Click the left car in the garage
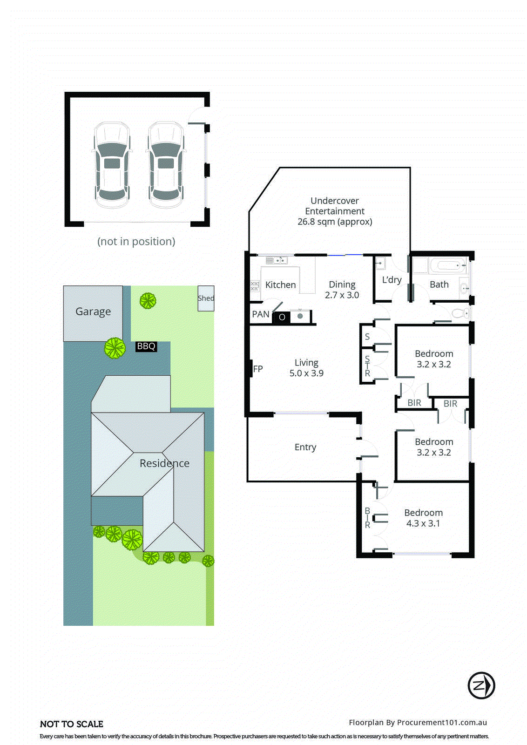click(112, 165)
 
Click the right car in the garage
click(166, 165)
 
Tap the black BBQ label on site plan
click(146, 346)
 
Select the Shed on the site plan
click(206, 298)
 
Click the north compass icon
click(481, 685)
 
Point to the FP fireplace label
click(258, 369)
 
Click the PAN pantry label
click(261, 314)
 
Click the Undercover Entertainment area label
click(335, 211)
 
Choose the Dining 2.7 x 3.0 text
click(342, 290)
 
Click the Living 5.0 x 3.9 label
click(306, 368)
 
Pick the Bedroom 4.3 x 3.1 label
click(423, 518)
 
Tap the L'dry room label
click(392, 280)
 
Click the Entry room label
click(305, 447)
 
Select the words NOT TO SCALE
click(72, 724)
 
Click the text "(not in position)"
click(136, 242)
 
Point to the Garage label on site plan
click(93, 312)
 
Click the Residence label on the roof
click(164, 463)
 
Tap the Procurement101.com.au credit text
click(418, 723)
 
